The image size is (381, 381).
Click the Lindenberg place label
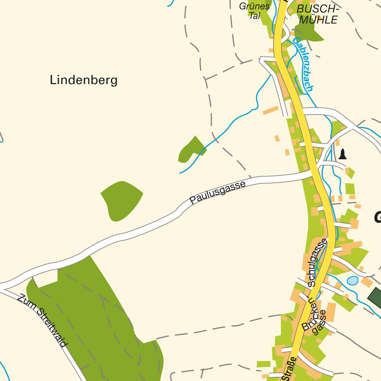coord(83,80)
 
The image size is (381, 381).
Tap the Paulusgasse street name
coord(217,192)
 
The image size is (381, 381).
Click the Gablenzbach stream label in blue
coord(303,65)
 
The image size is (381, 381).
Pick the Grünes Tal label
coord(255,11)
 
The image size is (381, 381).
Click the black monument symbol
coord(343,154)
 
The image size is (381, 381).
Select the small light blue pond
coord(352,281)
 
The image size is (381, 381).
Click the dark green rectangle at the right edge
coord(375,296)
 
